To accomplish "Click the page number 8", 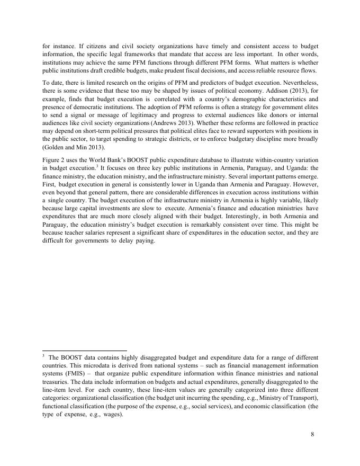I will click(312, 434).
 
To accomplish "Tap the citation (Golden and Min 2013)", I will click(74, 147).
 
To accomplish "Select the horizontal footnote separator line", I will click(84, 350).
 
